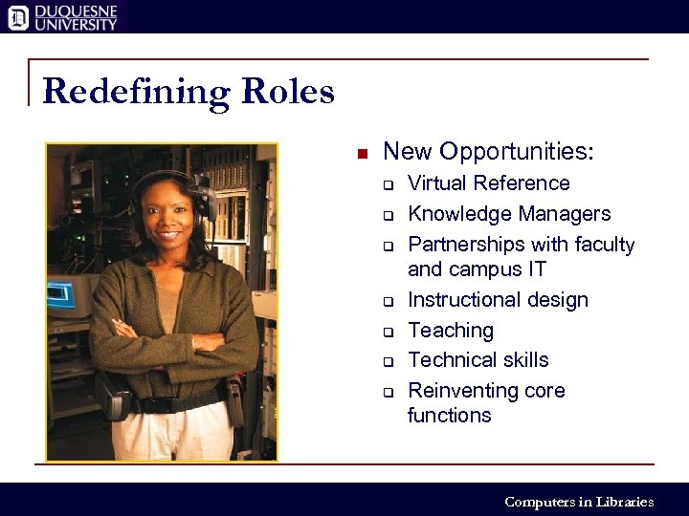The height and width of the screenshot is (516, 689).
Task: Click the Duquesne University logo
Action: tap(63, 16)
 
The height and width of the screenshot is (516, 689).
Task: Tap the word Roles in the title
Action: tap(288, 92)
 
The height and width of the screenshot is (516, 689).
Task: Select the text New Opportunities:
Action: tap(488, 152)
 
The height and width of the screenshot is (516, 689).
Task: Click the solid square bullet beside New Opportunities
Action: tap(362, 154)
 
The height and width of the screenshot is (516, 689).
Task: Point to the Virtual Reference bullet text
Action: tap(488, 183)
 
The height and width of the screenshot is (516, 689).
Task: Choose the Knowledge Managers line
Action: tap(508, 214)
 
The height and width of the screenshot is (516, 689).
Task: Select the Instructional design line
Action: tap(498, 300)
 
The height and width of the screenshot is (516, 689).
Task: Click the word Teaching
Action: tap(451, 331)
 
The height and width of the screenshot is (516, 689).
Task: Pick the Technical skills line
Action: tap(478, 360)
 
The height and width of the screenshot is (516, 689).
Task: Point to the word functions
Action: tap(449, 416)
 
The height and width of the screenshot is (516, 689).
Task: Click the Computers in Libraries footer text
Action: tap(578, 502)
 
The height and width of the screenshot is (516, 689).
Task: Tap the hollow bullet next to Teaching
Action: tap(389, 333)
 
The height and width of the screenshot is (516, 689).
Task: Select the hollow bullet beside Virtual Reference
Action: tap(389, 185)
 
